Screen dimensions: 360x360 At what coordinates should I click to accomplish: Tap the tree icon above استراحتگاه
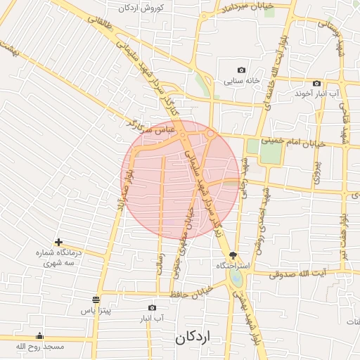(x=233, y=256)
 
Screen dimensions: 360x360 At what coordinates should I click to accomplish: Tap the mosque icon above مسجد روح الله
(x=39, y=335)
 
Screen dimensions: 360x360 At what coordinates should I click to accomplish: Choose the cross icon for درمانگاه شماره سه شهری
(x=58, y=242)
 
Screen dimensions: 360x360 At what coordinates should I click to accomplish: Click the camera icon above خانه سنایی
(x=242, y=70)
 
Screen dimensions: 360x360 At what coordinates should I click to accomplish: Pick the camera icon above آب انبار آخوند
(x=316, y=82)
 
